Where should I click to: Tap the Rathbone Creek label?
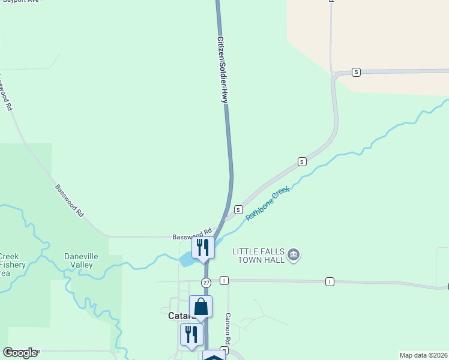[268, 203]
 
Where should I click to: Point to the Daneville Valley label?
[81, 260]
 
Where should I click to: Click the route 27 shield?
[206, 282]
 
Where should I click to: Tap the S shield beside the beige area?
[357, 72]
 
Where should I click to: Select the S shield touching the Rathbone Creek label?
[238, 209]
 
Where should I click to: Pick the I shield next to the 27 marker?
[224, 280]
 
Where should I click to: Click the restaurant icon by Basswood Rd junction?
[203, 247]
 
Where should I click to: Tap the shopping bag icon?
[200, 307]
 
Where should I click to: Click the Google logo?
[20, 353]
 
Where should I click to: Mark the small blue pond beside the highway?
[187, 260]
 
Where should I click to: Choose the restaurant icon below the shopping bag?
[191, 334]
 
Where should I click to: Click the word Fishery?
[11, 265]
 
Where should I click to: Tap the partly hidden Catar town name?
[178, 316]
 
